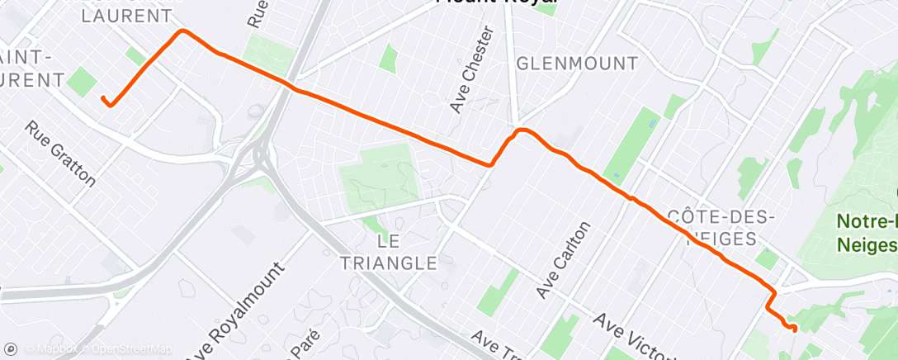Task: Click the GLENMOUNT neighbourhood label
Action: pyautogui.click(x=576, y=64)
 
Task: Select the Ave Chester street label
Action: pyautogui.click(x=473, y=71)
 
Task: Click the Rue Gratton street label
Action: pyautogui.click(x=61, y=154)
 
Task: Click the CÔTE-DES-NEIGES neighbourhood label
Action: pyautogui.click(x=721, y=226)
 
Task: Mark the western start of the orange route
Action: pyautogui.click(x=105, y=100)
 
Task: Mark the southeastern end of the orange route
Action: pyautogui.click(x=794, y=328)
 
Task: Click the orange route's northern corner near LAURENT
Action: pyautogui.click(x=182, y=31)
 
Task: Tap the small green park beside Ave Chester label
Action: pyautogui.click(x=388, y=57)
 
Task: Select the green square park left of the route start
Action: pyautogui.click(x=81, y=82)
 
